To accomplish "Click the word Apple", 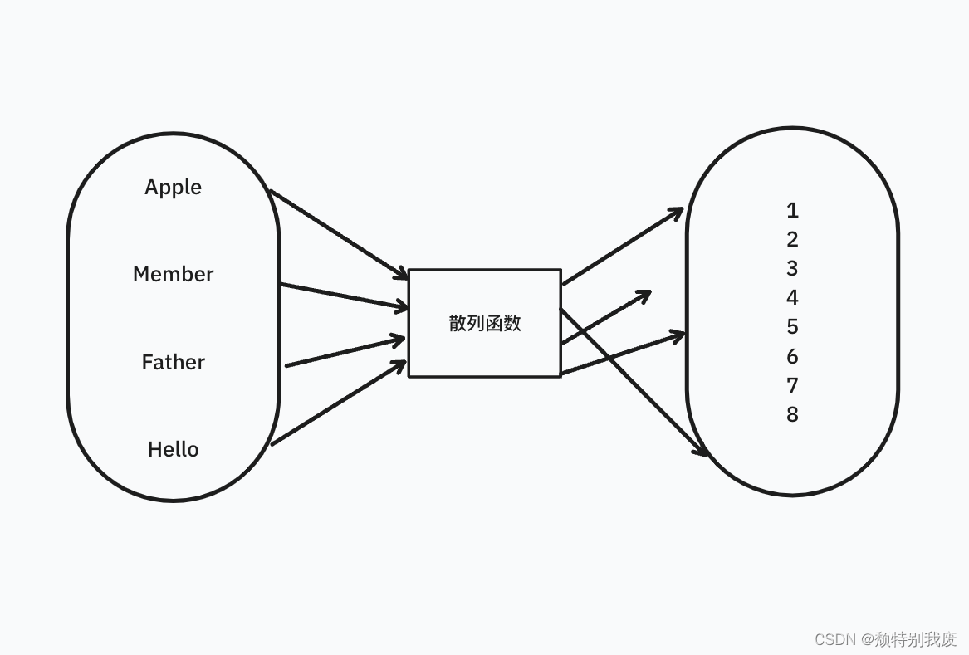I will [x=173, y=187].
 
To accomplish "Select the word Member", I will [x=173, y=274].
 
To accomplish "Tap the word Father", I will [x=173, y=362].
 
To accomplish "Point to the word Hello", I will [x=173, y=449].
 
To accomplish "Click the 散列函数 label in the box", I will [x=485, y=323].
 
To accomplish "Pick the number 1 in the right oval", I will [x=792, y=210].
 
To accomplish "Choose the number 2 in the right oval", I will [x=792, y=239].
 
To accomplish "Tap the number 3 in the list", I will [x=792, y=268].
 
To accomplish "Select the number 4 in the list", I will [x=792, y=297].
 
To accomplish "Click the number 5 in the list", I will [x=792, y=326].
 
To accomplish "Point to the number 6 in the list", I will [x=792, y=356].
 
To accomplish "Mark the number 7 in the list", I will [x=792, y=385].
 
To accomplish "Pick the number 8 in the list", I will [x=792, y=414].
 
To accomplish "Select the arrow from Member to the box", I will [x=345, y=296].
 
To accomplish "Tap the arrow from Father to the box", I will [x=345, y=351].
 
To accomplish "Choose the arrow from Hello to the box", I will [x=339, y=403].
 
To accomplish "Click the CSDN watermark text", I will [x=885, y=639].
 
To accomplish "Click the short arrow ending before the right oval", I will [x=606, y=318].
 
